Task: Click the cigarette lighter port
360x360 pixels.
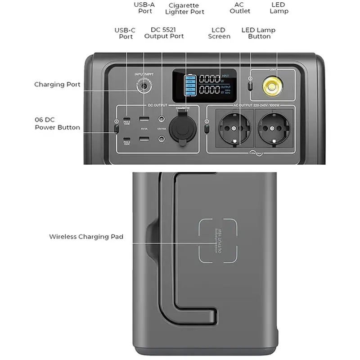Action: pyautogui.click(x=182, y=128)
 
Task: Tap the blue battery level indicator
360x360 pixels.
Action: pyautogui.click(x=190, y=85)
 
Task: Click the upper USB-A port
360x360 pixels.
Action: pyautogui.click(x=144, y=119)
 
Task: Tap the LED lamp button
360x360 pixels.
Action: pyautogui.click(x=251, y=85)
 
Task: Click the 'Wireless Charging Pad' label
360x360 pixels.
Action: pyautogui.click(x=86, y=236)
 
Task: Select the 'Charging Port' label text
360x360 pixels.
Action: pyautogui.click(x=57, y=84)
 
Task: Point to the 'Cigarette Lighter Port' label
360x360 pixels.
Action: pyautogui.click(x=184, y=9)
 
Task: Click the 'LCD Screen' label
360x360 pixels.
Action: pyautogui.click(x=219, y=33)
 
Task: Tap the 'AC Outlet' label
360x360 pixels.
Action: pyautogui.click(x=240, y=8)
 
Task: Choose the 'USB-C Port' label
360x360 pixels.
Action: pyautogui.click(x=126, y=33)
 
